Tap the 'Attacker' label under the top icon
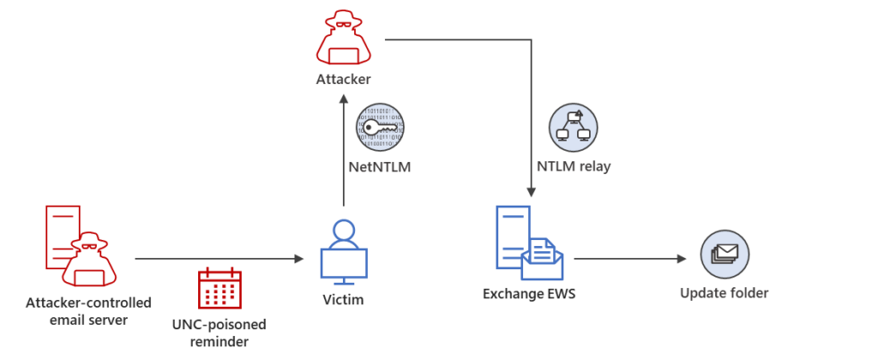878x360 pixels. pyautogui.click(x=343, y=80)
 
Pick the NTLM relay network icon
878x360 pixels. pyautogui.click(x=574, y=129)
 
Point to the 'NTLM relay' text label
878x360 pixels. pyautogui.click(x=574, y=166)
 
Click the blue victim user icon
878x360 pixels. pyautogui.click(x=344, y=251)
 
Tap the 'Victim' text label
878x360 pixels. pyautogui.click(x=343, y=300)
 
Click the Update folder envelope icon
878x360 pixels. pyautogui.click(x=725, y=255)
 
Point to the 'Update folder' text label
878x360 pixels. pyautogui.click(x=725, y=293)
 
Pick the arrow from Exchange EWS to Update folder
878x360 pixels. pyautogui.click(x=630, y=258)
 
